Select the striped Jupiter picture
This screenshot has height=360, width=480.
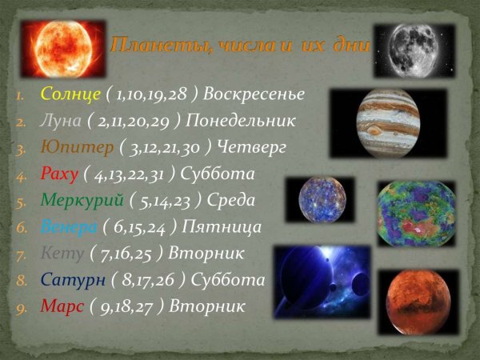point(387,123)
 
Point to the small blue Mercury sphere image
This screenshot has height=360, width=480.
point(326,200)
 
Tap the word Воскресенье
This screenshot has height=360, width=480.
point(254,94)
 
